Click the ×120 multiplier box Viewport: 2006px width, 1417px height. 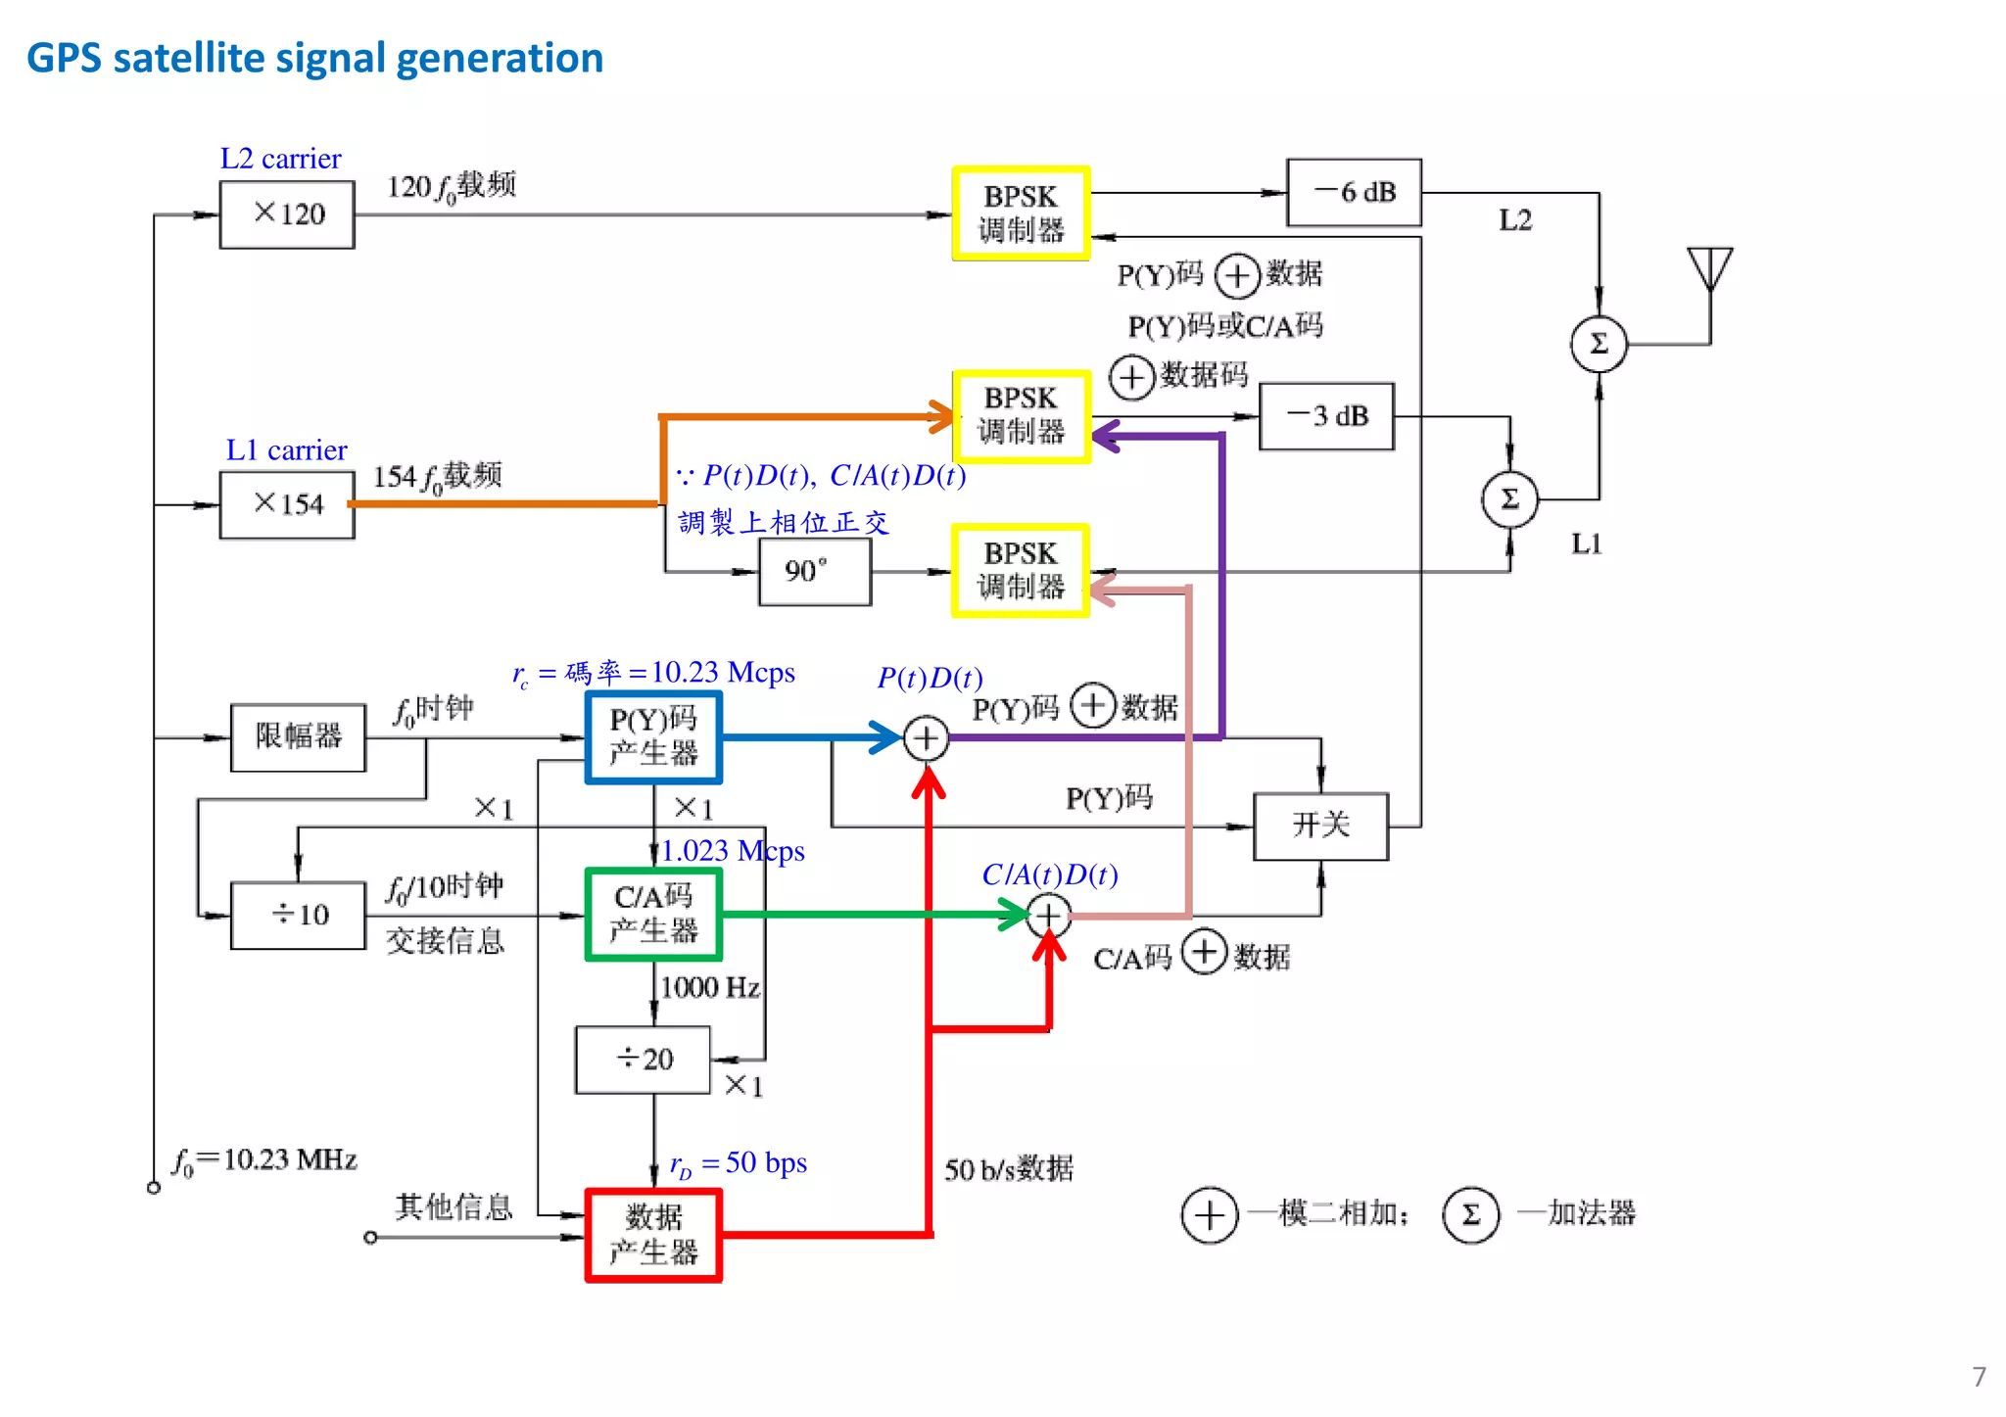(287, 213)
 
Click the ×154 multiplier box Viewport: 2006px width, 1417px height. (287, 504)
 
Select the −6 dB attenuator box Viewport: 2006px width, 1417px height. (1354, 193)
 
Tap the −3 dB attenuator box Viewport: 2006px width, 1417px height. (1326, 416)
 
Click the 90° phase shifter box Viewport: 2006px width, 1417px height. (814, 572)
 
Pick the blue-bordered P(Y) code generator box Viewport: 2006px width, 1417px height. (653, 737)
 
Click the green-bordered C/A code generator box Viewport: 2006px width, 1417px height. (653, 914)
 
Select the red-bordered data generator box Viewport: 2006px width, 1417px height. (653, 1235)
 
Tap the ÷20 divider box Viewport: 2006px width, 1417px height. (644, 1060)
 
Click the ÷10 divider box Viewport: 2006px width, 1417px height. (298, 915)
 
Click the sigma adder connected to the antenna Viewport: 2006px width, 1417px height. (1599, 344)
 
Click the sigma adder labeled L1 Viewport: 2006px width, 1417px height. (1509, 499)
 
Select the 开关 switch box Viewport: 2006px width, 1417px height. (1320, 826)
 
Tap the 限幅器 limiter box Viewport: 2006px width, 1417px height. (298, 737)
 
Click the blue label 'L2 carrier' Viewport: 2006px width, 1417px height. (280, 159)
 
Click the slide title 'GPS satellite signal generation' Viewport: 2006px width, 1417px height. (314, 58)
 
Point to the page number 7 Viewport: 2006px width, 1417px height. (1979, 1376)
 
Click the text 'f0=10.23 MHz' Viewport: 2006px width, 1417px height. (264, 1160)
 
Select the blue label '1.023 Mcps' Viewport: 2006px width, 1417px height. (733, 851)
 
